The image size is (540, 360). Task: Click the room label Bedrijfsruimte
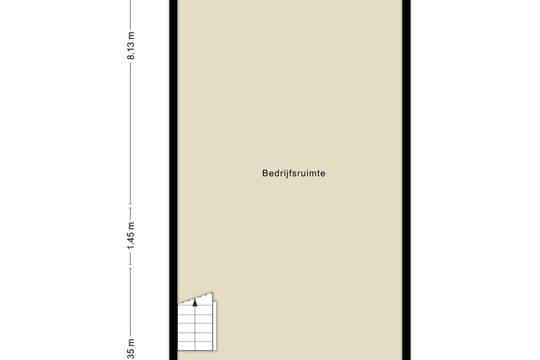(294, 173)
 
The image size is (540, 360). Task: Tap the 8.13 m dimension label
(131, 46)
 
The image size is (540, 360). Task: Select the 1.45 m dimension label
(131, 236)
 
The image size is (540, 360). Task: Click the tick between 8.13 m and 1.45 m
(131, 206)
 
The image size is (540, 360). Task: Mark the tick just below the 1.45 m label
(131, 267)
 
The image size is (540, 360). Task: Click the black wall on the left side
(173, 173)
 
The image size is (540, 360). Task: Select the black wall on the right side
(407, 173)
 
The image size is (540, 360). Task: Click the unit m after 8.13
(131, 35)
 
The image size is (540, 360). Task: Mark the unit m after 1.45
(131, 225)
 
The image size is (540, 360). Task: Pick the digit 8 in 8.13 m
(131, 57)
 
